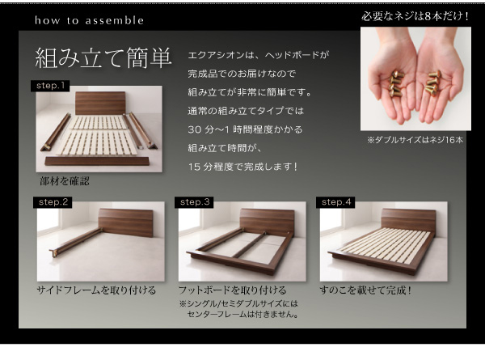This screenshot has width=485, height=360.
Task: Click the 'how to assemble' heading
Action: (x=89, y=20)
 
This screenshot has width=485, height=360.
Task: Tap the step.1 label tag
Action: (x=50, y=86)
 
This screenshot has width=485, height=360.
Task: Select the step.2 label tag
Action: (x=53, y=202)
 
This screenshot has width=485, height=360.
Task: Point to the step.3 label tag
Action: (x=194, y=202)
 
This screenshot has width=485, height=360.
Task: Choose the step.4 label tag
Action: (x=335, y=202)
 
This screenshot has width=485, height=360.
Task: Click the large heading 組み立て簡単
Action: (x=103, y=58)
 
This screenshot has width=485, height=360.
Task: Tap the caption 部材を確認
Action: (x=65, y=181)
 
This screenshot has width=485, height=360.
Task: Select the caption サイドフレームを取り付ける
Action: (x=96, y=290)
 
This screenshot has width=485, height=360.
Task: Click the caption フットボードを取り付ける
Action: (x=232, y=290)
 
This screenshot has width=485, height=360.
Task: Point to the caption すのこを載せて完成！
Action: (x=366, y=290)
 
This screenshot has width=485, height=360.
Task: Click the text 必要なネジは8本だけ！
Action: (x=415, y=16)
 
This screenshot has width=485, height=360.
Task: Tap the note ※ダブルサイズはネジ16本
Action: (x=415, y=140)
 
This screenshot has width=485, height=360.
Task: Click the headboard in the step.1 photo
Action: (x=100, y=103)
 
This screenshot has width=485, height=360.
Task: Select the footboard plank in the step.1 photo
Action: (x=97, y=161)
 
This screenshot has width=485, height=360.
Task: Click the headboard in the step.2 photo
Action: (x=126, y=222)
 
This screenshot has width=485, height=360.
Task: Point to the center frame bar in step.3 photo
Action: (x=249, y=244)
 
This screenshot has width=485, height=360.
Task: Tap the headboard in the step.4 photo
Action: (x=409, y=220)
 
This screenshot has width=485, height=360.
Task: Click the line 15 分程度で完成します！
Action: (x=243, y=167)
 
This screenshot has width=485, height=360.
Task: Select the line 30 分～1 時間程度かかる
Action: (x=245, y=129)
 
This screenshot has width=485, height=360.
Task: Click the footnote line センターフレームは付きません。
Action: (x=242, y=315)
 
